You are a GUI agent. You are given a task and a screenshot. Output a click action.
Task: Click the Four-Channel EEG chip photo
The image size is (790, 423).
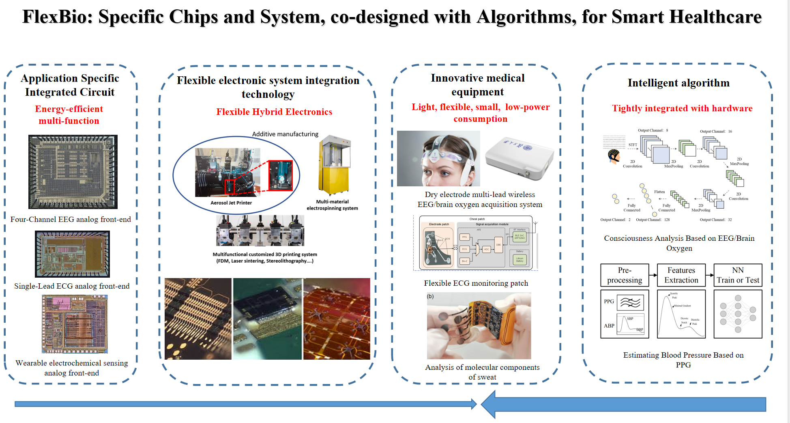tap(73, 172)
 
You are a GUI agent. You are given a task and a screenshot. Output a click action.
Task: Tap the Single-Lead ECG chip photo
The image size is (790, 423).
tap(72, 254)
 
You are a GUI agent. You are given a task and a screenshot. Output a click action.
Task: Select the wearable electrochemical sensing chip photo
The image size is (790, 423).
tap(75, 324)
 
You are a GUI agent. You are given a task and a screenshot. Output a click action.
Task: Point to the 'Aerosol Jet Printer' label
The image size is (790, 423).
tap(231, 203)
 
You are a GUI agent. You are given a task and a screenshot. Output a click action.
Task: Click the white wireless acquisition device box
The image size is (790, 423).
tap(520, 158)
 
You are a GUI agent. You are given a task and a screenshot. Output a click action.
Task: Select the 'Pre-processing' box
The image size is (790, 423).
tap(625, 275)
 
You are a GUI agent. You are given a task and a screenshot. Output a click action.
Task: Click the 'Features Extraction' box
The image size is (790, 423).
tap(681, 275)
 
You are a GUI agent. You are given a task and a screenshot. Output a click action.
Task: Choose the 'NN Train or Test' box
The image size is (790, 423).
tap(738, 275)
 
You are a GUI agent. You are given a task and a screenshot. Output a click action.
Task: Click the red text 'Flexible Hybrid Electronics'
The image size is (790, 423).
tap(274, 112)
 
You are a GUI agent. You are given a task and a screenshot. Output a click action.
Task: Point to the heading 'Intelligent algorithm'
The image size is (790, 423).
tap(678, 83)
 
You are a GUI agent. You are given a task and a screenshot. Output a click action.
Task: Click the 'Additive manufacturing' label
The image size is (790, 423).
tap(285, 134)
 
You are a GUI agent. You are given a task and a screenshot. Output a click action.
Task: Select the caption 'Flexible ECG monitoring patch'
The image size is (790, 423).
tap(476, 283)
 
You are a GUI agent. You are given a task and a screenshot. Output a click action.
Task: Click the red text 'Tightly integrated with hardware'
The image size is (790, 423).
tap(682, 108)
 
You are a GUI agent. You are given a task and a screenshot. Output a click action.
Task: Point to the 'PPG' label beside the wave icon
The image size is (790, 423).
tap(609, 302)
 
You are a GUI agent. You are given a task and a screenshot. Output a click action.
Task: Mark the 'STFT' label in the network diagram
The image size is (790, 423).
tap(633, 145)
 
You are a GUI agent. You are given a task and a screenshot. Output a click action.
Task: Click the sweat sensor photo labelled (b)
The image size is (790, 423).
tap(479, 326)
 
